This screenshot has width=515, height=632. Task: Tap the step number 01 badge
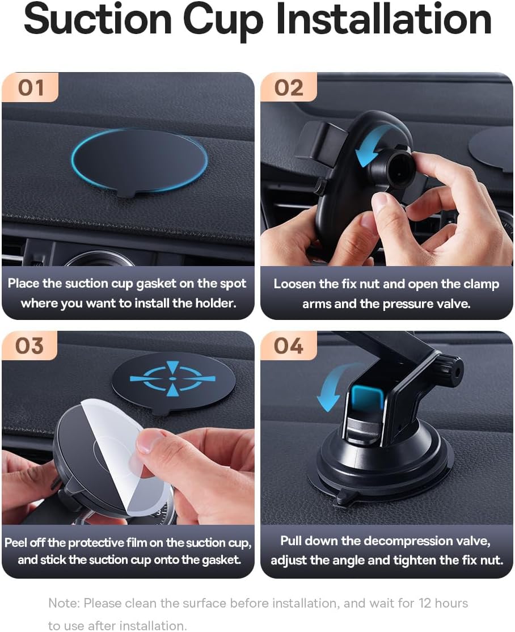(x=31, y=88)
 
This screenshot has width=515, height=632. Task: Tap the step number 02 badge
(x=289, y=88)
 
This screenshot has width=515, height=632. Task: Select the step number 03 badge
(x=29, y=346)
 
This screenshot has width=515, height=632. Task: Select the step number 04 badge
(x=288, y=346)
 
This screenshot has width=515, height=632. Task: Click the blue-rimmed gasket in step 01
(x=140, y=160)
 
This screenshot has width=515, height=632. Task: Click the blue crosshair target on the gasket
(x=172, y=378)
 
